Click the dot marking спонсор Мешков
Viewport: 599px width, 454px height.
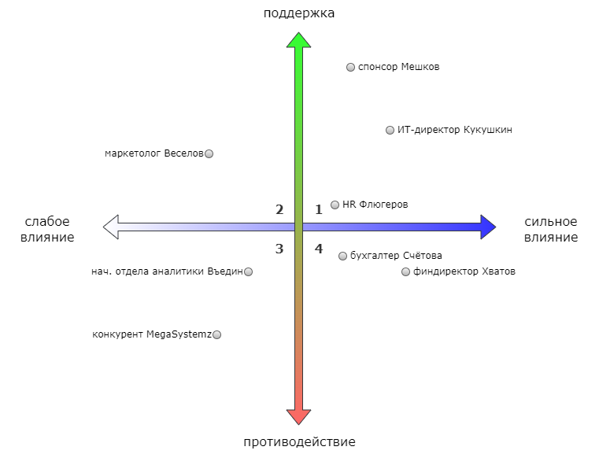(351, 68)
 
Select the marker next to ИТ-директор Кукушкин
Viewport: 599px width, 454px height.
(390, 131)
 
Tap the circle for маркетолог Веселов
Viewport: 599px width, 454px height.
(209, 154)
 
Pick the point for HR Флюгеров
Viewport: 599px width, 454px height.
(335, 205)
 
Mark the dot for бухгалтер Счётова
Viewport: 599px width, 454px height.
(343, 256)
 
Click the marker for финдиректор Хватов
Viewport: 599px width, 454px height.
(406, 272)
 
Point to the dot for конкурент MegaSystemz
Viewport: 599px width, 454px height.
(217, 335)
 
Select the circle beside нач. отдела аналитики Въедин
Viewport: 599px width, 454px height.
(249, 272)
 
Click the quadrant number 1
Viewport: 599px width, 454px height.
(319, 210)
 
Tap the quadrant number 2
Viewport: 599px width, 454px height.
(279, 210)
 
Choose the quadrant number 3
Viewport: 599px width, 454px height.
(279, 249)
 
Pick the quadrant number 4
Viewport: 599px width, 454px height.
(319, 249)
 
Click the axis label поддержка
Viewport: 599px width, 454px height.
(298, 13)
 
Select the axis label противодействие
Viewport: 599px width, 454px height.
(299, 441)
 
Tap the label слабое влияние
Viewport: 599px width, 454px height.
(48, 229)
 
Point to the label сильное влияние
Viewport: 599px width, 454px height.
(550, 229)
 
